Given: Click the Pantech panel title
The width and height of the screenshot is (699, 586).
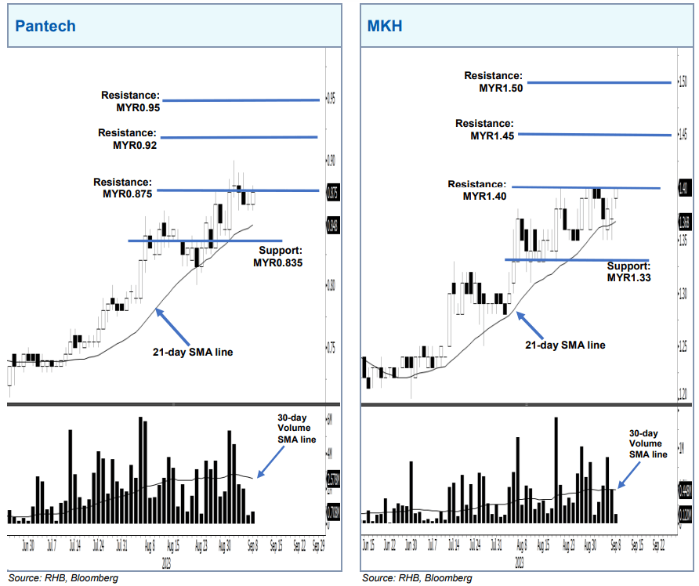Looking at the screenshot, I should click(x=45, y=26).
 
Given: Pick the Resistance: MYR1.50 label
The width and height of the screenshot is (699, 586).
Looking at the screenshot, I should click(x=493, y=82).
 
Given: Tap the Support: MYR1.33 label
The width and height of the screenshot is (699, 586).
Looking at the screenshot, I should click(x=630, y=271).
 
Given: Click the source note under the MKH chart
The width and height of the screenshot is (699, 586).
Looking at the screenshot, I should click(x=417, y=577).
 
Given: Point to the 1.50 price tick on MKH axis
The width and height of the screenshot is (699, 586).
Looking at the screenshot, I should click(x=683, y=81).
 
